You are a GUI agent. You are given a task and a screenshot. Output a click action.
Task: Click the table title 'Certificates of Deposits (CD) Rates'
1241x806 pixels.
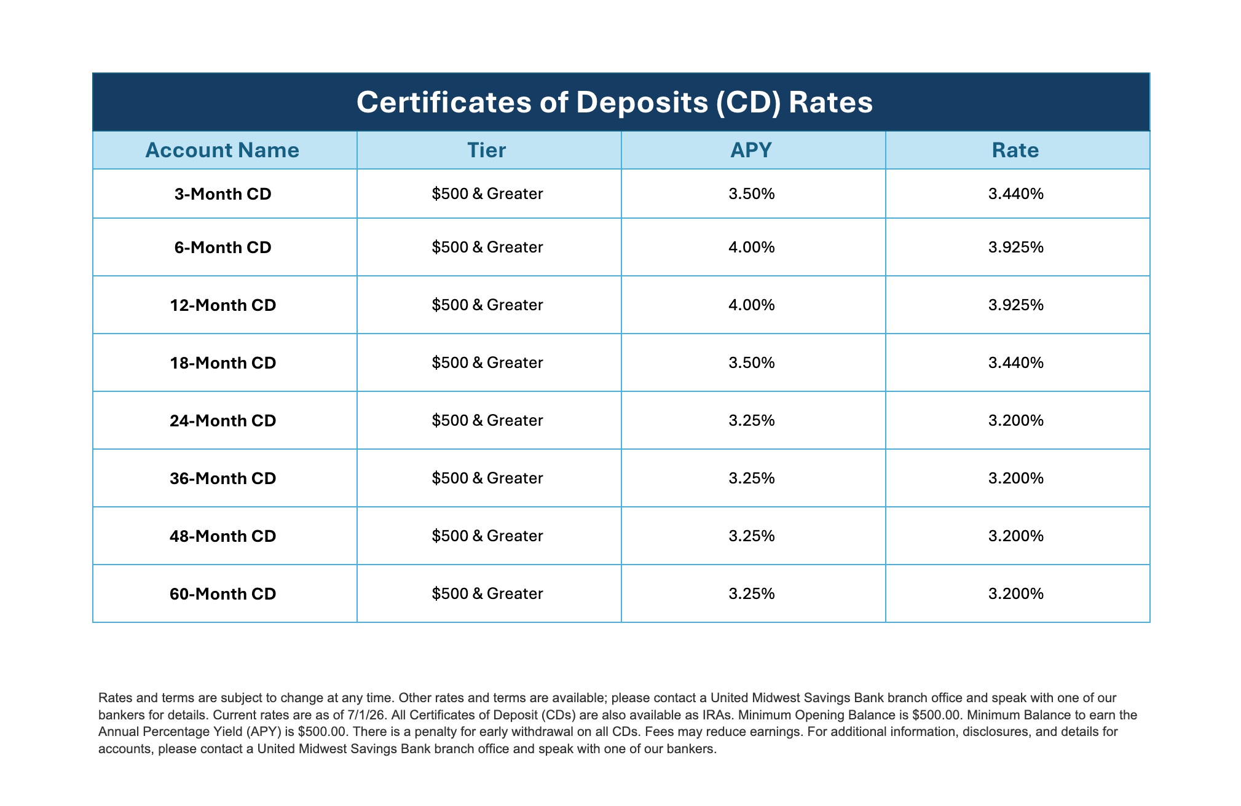pos(615,103)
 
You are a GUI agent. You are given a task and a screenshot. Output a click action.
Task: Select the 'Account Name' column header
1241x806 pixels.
pos(223,151)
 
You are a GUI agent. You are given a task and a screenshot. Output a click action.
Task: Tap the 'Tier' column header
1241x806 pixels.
pos(487,151)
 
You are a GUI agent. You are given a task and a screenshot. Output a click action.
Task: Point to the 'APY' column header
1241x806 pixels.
pos(751,151)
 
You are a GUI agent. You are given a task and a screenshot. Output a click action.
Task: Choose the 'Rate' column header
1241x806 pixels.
pos(1015,151)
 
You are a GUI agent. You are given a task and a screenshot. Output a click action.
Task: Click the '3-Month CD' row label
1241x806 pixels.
pos(223,194)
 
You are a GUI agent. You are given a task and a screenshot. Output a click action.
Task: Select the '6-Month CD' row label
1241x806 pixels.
pos(223,248)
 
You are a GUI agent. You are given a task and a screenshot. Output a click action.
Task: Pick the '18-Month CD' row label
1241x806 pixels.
pos(223,363)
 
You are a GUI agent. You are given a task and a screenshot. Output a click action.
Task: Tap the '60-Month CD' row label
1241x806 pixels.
pos(223,594)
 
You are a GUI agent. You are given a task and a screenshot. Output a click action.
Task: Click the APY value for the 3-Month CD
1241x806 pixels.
pos(752,194)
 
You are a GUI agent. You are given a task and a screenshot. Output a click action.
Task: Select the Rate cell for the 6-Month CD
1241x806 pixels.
pos(1016,248)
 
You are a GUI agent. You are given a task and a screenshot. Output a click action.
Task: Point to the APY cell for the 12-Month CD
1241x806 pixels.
pos(752,305)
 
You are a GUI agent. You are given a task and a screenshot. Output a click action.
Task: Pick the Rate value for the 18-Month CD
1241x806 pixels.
pos(1016,363)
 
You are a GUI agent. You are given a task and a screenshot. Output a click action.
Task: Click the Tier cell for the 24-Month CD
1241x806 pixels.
pos(487,421)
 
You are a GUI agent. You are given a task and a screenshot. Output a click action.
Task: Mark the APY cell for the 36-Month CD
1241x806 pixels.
pos(752,479)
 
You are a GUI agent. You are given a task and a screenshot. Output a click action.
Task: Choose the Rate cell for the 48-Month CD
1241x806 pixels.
pos(1016,536)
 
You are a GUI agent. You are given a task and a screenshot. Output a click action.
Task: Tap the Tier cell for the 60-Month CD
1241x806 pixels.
pos(487,594)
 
